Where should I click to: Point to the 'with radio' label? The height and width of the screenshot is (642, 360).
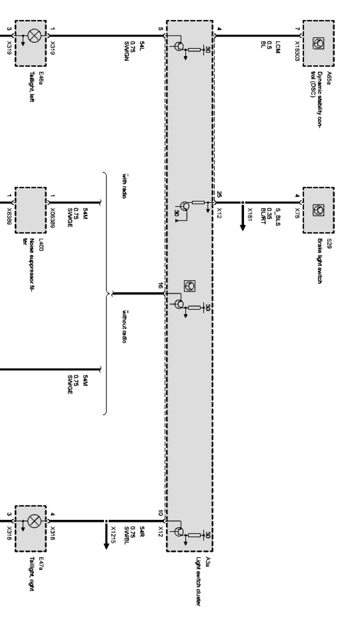(124, 186)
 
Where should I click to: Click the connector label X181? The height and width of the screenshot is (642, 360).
(250, 216)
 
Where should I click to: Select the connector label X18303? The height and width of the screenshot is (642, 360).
(297, 51)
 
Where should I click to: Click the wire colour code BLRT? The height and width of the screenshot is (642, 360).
(263, 216)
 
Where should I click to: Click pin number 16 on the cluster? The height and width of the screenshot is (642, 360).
(161, 285)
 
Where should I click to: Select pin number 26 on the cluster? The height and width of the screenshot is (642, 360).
(219, 195)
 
